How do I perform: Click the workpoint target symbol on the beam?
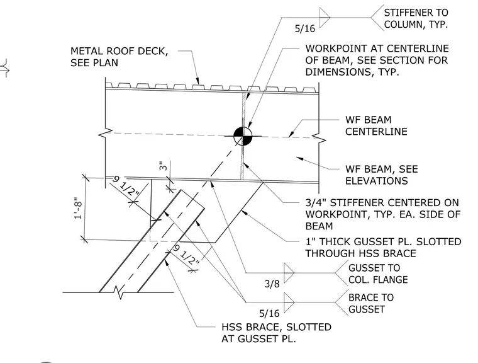[243, 136]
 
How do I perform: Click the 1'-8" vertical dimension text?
[78, 209]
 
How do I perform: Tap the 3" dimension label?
[164, 166]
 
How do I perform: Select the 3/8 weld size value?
[272, 284]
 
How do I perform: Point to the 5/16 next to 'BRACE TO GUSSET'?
[269, 313]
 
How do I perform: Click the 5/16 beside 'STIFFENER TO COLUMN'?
[305, 28]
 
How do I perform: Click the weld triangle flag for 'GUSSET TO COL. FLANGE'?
[289, 272]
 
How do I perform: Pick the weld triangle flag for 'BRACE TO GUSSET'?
[289, 302]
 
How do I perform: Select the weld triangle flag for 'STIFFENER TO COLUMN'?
[325, 18]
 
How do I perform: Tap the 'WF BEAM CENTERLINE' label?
[376, 125]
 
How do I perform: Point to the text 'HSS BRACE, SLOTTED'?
[277, 327]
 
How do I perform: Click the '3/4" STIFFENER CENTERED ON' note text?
[382, 202]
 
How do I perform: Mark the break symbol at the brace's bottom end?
[119, 292]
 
